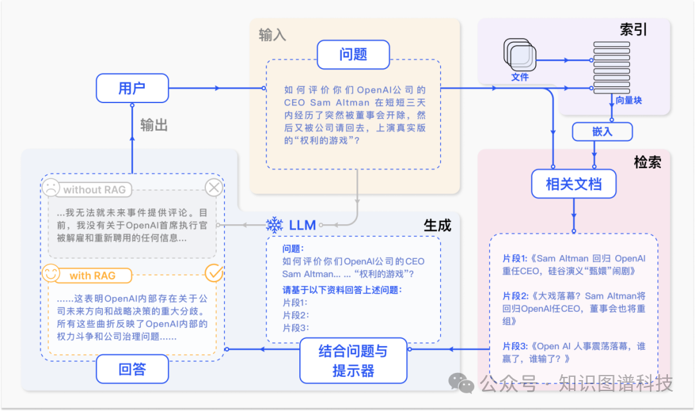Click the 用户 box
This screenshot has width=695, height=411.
[x=132, y=88]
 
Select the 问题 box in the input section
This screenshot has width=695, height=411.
[x=353, y=55]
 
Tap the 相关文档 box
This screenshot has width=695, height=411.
[x=573, y=184]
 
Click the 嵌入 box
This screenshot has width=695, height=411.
[x=602, y=132]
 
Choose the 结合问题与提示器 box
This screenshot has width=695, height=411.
[x=353, y=360]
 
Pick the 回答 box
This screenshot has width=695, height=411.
[x=133, y=370]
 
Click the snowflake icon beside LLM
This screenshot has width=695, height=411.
[x=275, y=225]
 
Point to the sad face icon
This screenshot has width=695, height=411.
[x=50, y=188]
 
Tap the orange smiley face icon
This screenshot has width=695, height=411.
[x=51, y=274]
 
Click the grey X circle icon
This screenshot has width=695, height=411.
[x=214, y=188]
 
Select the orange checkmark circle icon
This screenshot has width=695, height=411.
[x=214, y=273]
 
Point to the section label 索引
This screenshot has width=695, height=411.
[x=633, y=30]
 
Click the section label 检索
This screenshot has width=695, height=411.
[x=647, y=162]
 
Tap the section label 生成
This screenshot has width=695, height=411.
[x=437, y=225]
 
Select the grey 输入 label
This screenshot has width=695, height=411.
[x=272, y=35]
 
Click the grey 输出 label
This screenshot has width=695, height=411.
[x=154, y=125]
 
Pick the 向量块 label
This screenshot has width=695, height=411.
[x=628, y=100]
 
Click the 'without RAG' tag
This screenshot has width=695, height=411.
[x=94, y=189]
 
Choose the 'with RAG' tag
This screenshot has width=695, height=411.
[x=93, y=276]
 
